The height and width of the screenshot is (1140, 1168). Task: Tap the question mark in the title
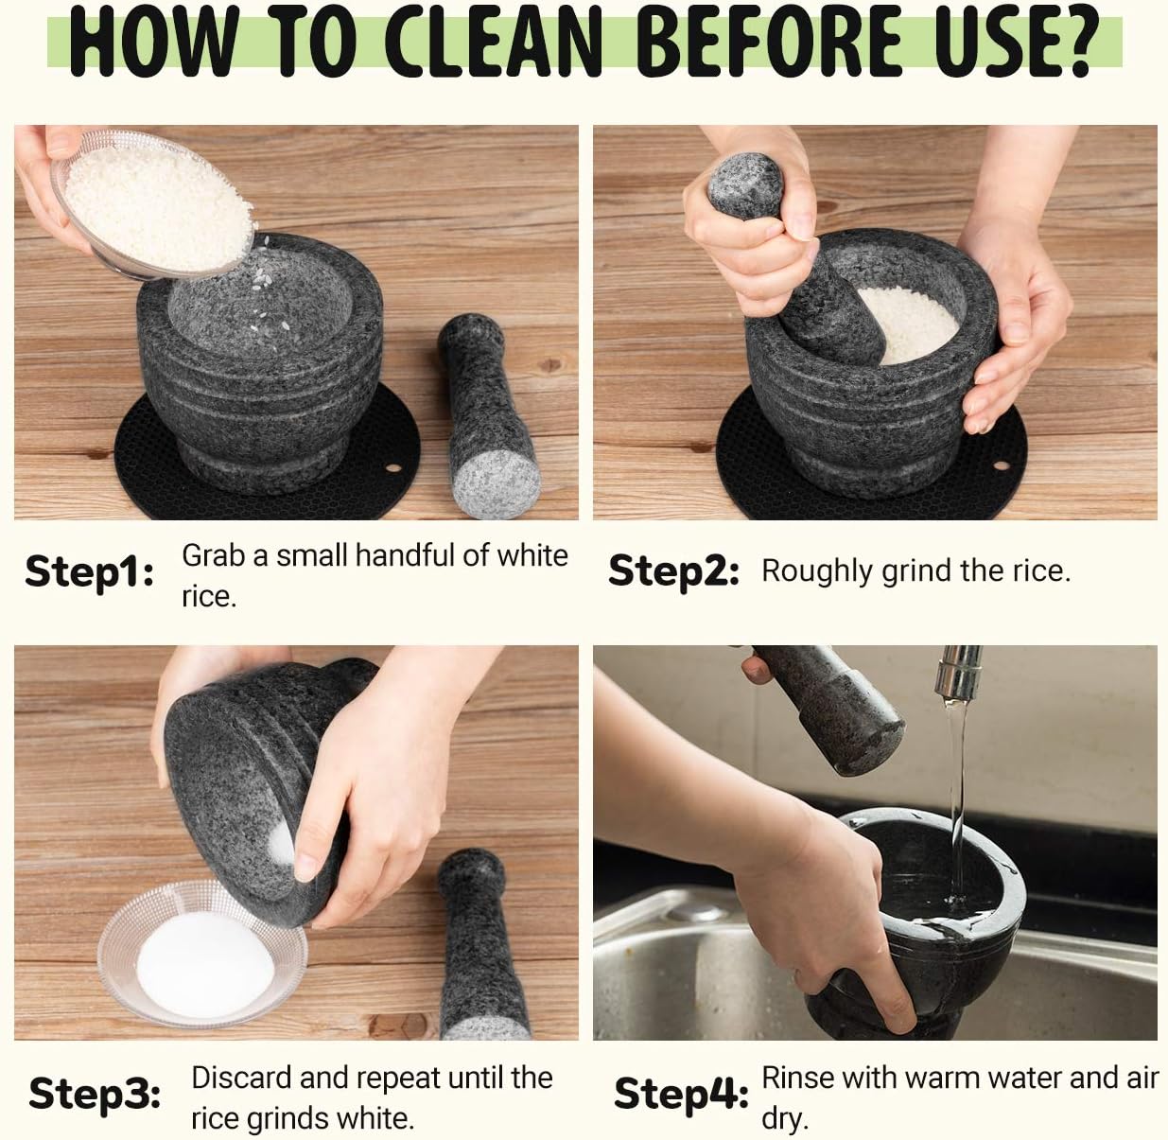(x=1066, y=42)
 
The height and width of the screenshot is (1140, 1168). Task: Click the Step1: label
(x=90, y=572)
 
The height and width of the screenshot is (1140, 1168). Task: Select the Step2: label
(x=672, y=571)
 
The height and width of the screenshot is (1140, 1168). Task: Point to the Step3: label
(x=95, y=1094)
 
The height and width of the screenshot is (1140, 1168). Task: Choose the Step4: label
(x=680, y=1094)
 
